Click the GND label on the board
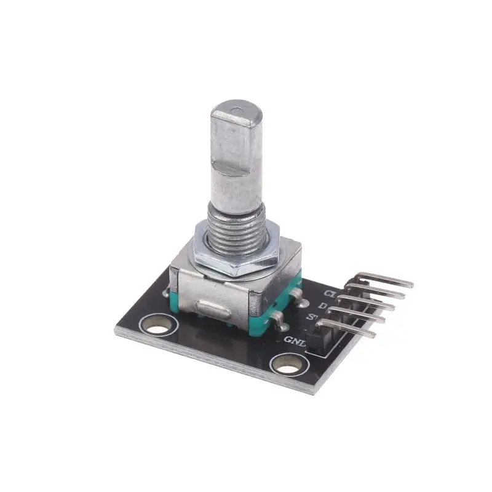tap(295, 341)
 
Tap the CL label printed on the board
tap(331, 293)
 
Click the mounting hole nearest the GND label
tap(287, 363)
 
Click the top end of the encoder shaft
tap(237, 113)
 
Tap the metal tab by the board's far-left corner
tap(167, 293)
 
